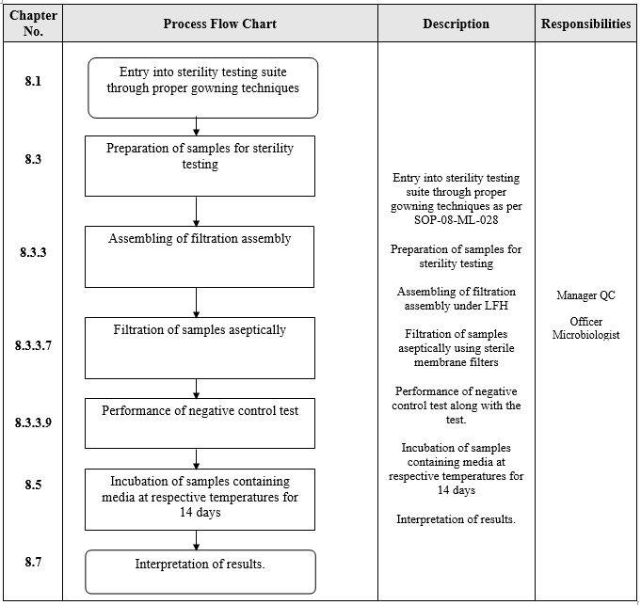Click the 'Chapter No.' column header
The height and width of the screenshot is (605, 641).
(33, 24)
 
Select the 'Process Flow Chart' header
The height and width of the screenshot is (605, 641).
(219, 24)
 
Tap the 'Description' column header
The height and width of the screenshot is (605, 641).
(456, 24)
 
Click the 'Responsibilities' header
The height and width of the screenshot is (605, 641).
(585, 24)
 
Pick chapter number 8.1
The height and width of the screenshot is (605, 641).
(33, 81)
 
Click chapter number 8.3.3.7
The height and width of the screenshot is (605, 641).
(33, 345)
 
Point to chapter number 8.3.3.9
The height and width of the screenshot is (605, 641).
(33, 422)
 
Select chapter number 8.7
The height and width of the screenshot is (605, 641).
(33, 561)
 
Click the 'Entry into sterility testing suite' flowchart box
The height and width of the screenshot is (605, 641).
(203, 88)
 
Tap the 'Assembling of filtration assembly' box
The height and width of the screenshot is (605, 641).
(200, 256)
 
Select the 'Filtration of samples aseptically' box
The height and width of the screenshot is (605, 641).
(200, 347)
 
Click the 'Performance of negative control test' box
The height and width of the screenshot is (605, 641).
(200, 422)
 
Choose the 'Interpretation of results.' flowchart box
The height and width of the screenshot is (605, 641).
(200, 571)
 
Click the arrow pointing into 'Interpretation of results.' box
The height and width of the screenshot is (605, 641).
(197, 540)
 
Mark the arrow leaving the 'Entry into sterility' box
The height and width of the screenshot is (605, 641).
(197, 127)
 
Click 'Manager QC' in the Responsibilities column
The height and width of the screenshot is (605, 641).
(585, 295)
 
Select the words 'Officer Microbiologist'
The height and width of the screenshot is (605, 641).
(585, 328)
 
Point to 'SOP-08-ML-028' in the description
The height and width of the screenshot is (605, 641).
(456, 220)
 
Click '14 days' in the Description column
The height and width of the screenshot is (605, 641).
(456, 490)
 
